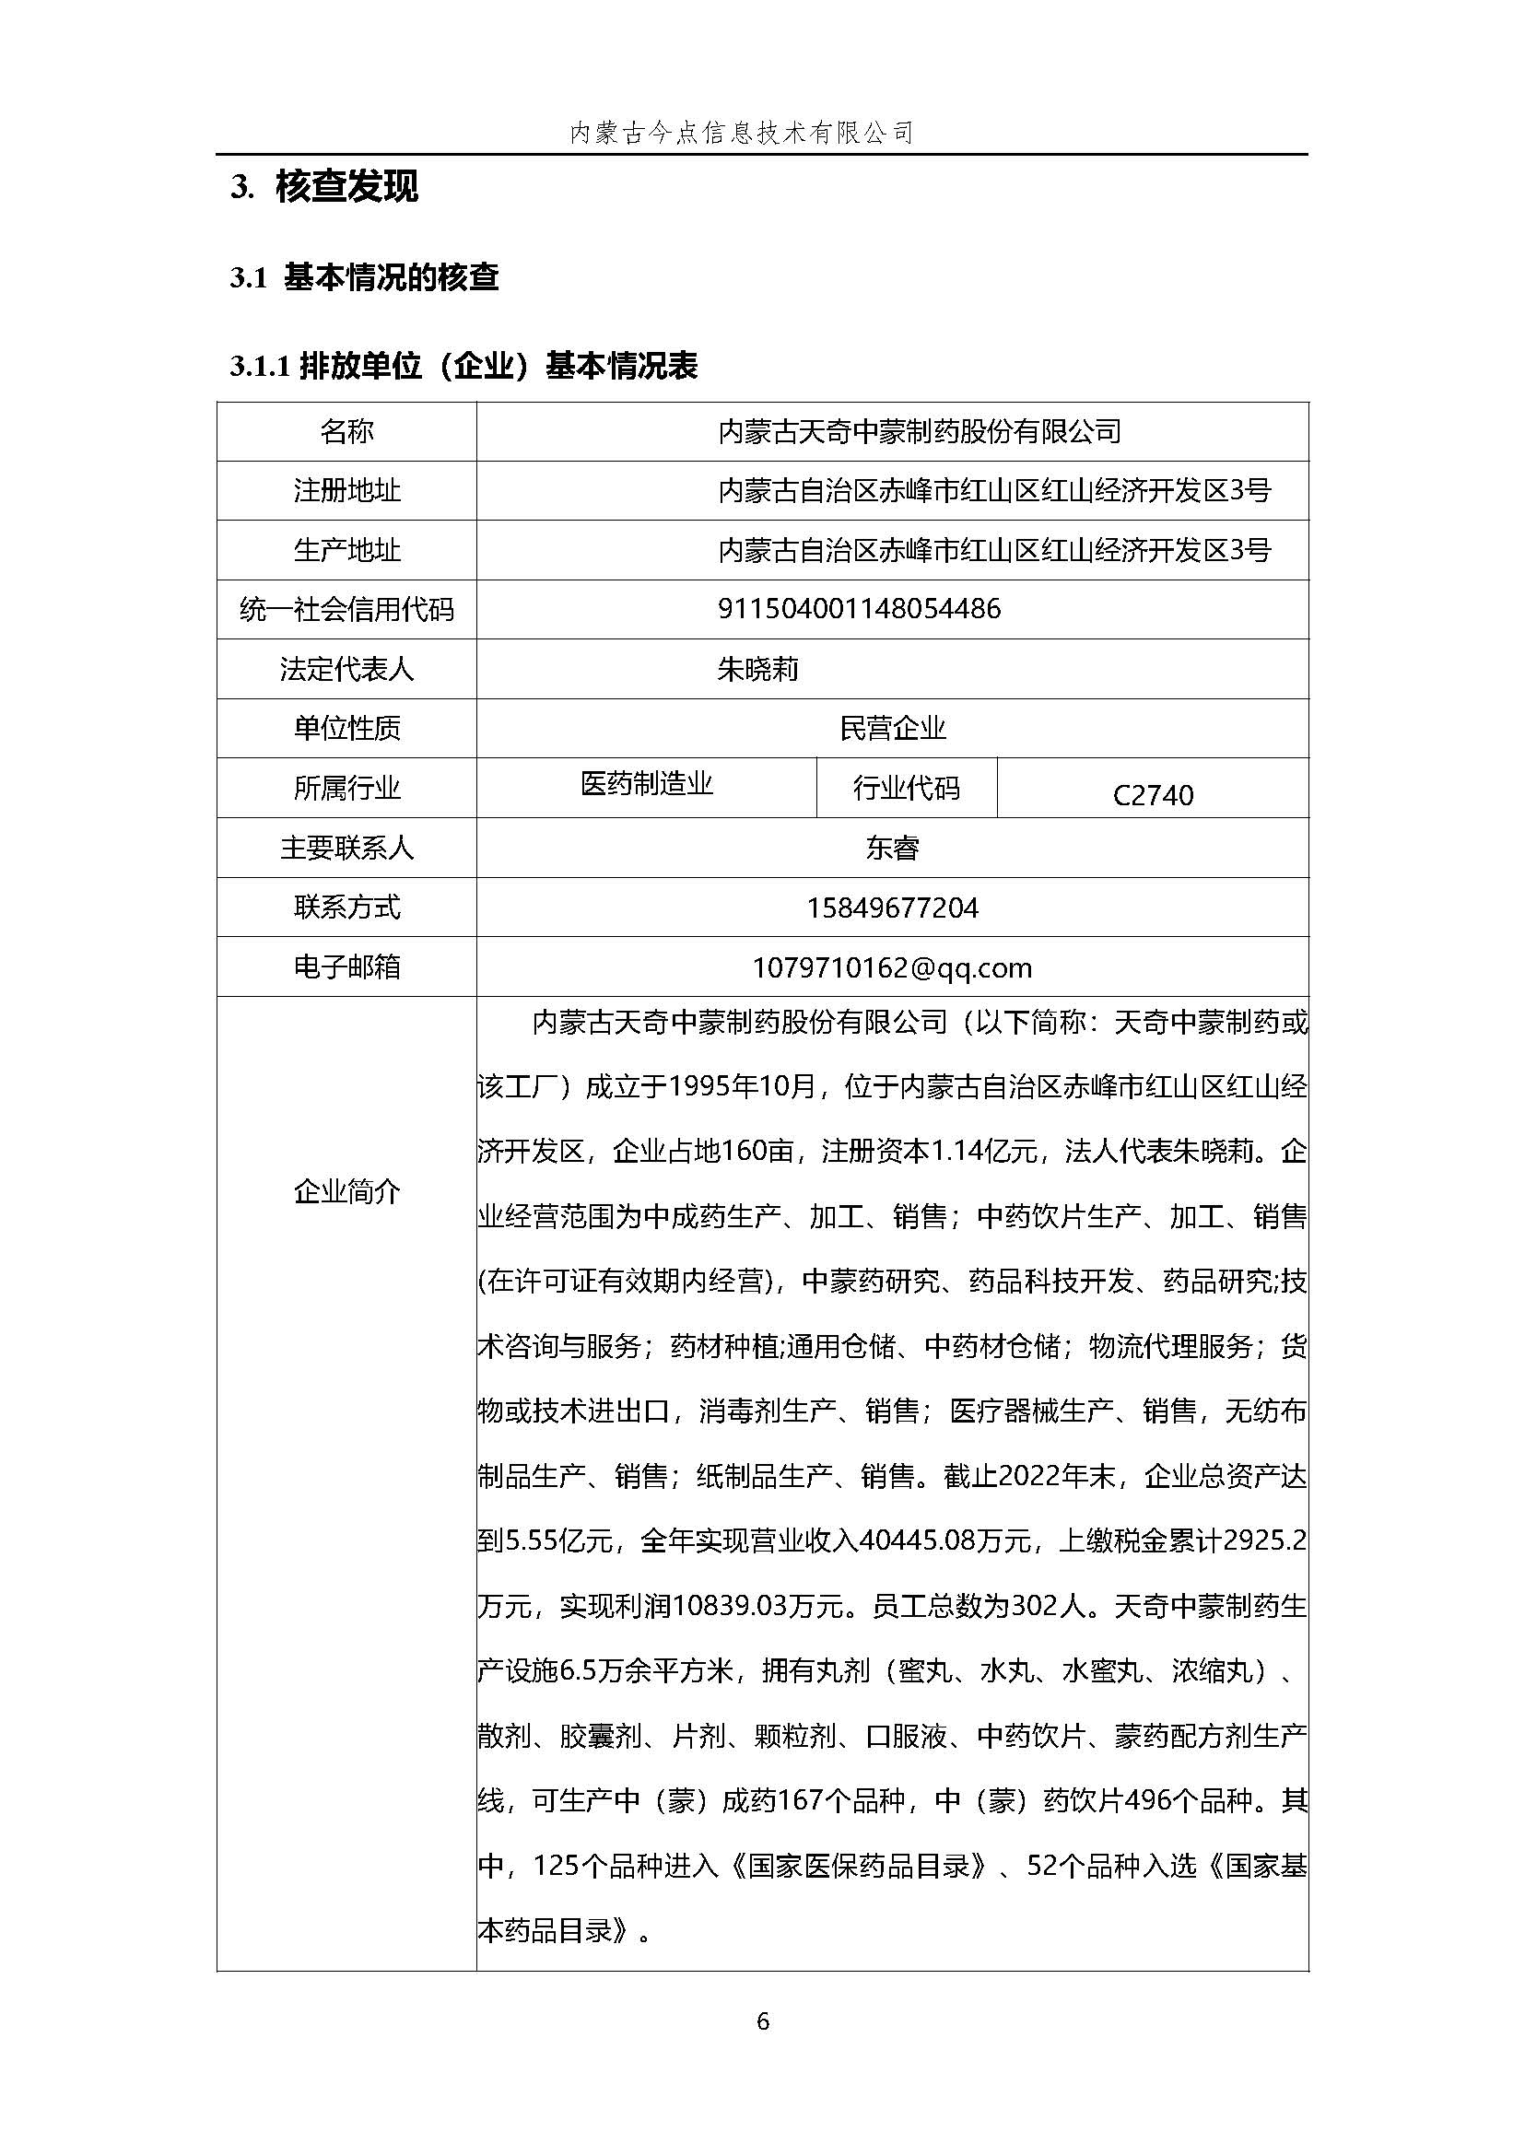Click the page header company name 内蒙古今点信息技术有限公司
coord(742,133)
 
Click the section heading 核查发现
coord(346,187)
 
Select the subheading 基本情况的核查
coord(391,277)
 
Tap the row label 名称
coord(346,432)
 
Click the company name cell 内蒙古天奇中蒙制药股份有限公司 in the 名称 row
coord(920,432)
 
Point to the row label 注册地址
coord(346,490)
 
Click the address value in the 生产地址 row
coord(993,550)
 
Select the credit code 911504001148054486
coord(858,609)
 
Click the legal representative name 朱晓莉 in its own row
coord(757,670)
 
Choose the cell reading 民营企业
coord(892,729)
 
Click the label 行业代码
coord(906,788)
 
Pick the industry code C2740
coord(1152,795)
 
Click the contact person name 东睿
coord(892,848)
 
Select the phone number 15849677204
coord(892,908)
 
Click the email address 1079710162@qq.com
coord(892,967)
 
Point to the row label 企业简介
coord(346,1191)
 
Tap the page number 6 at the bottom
coord(763,2020)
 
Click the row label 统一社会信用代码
coord(346,609)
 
